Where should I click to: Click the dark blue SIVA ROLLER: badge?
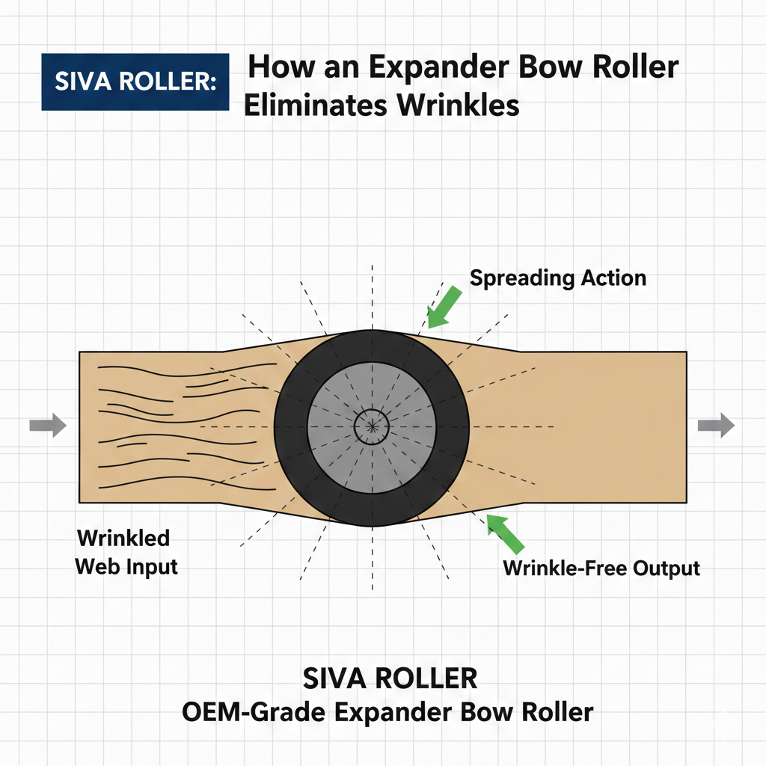(x=135, y=82)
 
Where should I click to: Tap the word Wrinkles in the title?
(x=458, y=105)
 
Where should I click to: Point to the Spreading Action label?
(x=558, y=278)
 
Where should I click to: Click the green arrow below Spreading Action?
(x=444, y=307)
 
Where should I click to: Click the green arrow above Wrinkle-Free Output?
(x=505, y=533)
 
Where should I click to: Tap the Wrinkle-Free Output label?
(x=601, y=569)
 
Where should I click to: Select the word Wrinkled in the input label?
(x=123, y=538)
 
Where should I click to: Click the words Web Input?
(x=126, y=567)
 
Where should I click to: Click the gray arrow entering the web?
(x=48, y=425)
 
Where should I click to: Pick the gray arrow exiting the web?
(x=716, y=425)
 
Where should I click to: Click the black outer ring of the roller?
(x=291, y=427)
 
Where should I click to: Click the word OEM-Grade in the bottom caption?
(x=254, y=712)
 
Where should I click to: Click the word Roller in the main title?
(x=636, y=67)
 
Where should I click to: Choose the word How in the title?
(x=281, y=67)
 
